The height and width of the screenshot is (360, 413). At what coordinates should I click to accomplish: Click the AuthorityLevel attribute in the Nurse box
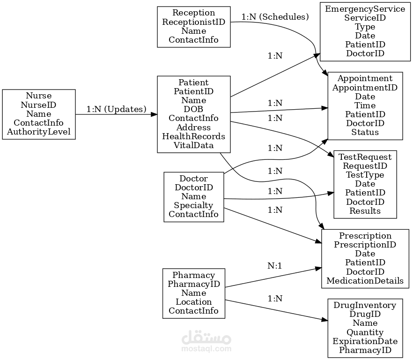pyautogui.click(x=39, y=132)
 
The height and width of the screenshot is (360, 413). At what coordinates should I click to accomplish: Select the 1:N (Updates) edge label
pyautogui.click(x=117, y=109)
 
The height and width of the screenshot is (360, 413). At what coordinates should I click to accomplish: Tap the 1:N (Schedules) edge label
pyautogui.click(x=275, y=17)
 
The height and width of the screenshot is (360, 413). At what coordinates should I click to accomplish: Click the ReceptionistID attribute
pyautogui.click(x=193, y=22)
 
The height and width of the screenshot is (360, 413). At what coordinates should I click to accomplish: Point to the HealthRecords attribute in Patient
pyautogui.click(x=193, y=136)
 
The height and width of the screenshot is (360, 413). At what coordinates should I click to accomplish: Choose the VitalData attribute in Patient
pyautogui.click(x=193, y=145)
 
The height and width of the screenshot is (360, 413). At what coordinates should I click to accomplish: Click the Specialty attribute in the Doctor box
pyautogui.click(x=193, y=205)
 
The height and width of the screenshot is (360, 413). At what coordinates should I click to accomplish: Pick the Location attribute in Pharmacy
pyautogui.click(x=193, y=302)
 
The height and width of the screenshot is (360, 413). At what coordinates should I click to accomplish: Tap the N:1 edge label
pyautogui.click(x=275, y=266)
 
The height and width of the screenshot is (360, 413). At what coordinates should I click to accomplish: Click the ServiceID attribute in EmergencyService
pyautogui.click(x=365, y=18)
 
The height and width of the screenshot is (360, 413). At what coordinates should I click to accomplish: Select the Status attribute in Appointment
pyautogui.click(x=365, y=132)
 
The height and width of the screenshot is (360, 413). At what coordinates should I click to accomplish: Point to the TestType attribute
pyautogui.click(x=365, y=175)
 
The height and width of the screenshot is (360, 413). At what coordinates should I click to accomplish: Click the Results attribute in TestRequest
pyautogui.click(x=365, y=211)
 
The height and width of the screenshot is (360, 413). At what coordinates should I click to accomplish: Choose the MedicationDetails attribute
pyautogui.click(x=365, y=281)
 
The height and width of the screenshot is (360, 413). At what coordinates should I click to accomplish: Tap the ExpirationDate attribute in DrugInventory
pyautogui.click(x=365, y=341)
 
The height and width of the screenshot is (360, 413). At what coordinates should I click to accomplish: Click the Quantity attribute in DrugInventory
pyautogui.click(x=365, y=332)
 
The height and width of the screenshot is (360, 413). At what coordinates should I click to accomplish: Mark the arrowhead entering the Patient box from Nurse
pyautogui.click(x=155, y=114)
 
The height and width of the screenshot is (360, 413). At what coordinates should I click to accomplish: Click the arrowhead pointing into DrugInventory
pyautogui.click(x=325, y=320)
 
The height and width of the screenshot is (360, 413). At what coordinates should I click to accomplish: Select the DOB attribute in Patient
pyautogui.click(x=193, y=109)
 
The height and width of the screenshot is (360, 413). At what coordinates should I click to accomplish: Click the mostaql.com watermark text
pyautogui.click(x=206, y=349)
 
